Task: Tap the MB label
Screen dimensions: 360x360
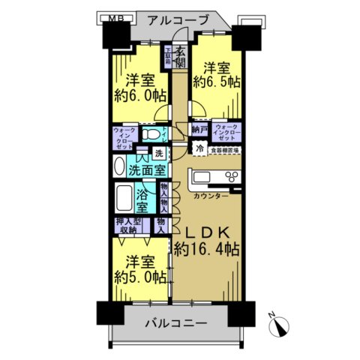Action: tap(110, 17)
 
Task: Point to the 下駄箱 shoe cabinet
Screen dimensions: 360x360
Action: tap(169, 57)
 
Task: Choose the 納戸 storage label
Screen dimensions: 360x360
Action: tap(199, 129)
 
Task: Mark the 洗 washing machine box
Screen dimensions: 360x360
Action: tap(158, 154)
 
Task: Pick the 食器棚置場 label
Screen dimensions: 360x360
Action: tap(224, 150)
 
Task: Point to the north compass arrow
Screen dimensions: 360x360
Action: tap(282, 326)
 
